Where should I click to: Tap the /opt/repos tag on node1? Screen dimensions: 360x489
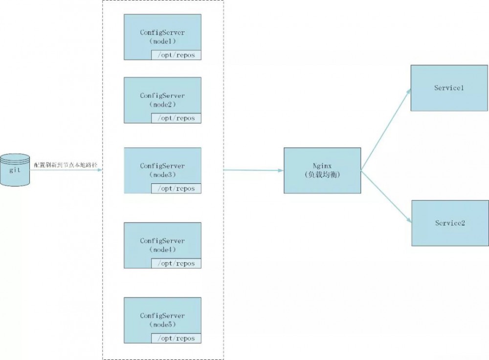coord(176,55)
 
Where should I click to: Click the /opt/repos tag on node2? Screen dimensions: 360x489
coord(176,118)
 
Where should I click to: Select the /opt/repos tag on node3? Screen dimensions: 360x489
coord(176,188)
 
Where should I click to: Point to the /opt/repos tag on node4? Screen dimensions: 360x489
coord(176,263)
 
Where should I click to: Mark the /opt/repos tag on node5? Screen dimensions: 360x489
coord(176,338)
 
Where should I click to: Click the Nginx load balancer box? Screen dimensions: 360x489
coord(322,170)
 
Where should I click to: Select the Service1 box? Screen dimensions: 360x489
coord(449,88)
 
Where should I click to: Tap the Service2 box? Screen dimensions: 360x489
coord(450,223)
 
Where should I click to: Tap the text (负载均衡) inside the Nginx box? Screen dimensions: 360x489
coord(322,175)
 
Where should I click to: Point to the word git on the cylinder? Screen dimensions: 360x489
coord(15,170)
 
